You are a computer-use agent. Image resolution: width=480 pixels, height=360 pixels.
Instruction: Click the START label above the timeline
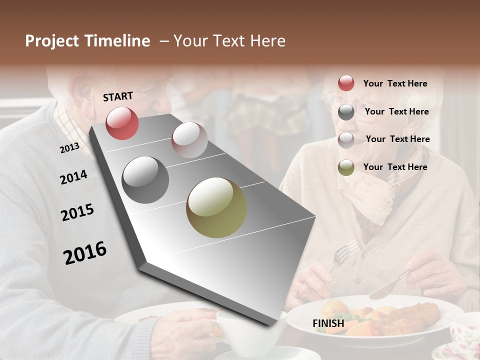(x=118, y=96)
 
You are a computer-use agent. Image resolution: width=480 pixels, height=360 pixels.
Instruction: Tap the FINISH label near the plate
(x=328, y=323)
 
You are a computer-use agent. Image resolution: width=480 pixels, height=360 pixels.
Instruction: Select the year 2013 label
(x=69, y=148)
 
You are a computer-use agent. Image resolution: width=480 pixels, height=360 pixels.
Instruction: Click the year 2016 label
(x=85, y=253)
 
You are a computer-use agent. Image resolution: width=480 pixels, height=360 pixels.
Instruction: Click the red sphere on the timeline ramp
(x=122, y=123)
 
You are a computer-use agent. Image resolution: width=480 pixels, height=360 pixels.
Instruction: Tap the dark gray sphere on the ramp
(x=145, y=180)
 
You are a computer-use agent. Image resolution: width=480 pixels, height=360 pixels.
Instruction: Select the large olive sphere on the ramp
(x=216, y=207)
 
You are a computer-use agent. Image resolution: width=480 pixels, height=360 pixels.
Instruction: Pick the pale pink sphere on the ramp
(x=189, y=140)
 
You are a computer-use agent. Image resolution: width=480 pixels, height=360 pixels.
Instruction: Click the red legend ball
(x=346, y=83)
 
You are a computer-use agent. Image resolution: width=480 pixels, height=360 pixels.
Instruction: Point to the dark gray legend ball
(x=346, y=112)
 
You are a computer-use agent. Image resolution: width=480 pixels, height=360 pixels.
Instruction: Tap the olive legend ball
(x=346, y=167)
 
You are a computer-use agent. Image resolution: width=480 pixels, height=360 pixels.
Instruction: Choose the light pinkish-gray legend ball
(x=346, y=139)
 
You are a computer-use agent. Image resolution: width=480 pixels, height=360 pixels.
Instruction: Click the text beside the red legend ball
(x=395, y=83)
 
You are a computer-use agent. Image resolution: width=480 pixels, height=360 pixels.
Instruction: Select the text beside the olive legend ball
(x=395, y=167)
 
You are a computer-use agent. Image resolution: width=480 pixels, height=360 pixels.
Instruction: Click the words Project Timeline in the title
(x=87, y=41)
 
